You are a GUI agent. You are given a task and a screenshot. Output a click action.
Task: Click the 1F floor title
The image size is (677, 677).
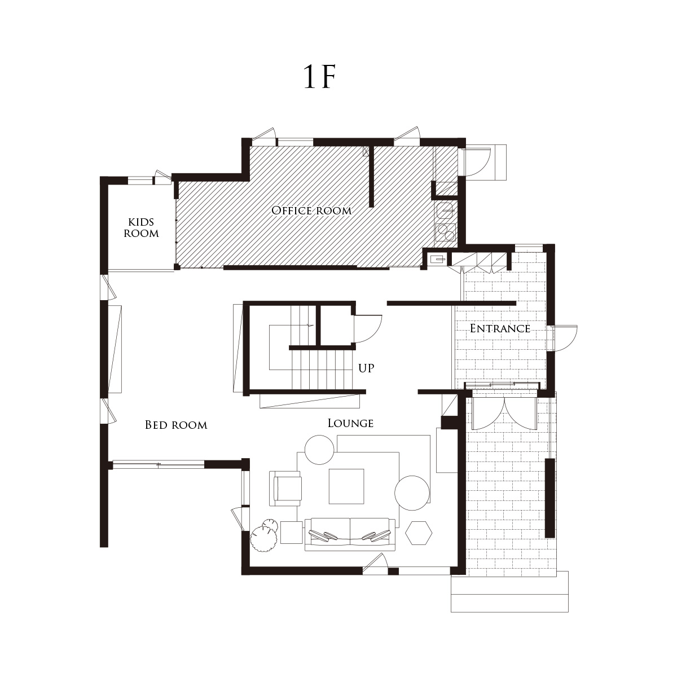tap(319, 76)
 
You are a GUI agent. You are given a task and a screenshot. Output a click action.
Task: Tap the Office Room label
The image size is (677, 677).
tap(311, 211)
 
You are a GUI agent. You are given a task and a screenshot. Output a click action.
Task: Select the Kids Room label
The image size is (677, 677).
tap(141, 228)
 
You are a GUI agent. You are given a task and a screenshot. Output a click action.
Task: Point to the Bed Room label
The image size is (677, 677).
tap(176, 425)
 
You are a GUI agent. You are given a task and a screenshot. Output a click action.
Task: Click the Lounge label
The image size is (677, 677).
tap(350, 423)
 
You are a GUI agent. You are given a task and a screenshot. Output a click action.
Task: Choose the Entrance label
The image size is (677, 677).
tap(500, 328)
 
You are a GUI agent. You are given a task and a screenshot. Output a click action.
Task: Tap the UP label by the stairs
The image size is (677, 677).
tap(366, 368)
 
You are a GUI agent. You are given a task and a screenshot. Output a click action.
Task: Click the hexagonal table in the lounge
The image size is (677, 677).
tap(419, 533)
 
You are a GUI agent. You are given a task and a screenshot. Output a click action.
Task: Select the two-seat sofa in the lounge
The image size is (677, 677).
tap(350, 534)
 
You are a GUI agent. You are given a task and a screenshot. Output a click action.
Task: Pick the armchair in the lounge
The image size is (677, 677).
tap(285, 489)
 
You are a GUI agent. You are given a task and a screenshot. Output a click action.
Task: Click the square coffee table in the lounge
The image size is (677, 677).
tap(346, 486)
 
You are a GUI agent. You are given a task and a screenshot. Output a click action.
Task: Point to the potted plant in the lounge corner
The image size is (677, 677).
tap(264, 535)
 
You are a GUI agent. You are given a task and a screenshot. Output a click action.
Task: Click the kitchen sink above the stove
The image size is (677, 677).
tap(446, 210)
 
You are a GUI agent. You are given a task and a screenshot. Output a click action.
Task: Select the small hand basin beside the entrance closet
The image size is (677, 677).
tap(438, 260)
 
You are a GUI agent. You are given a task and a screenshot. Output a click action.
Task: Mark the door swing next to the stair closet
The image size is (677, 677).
tap(367, 329)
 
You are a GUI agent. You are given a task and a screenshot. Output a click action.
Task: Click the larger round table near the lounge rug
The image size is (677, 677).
tap(412, 493)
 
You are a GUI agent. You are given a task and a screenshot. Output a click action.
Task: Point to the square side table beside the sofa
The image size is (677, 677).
tap(292, 533)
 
